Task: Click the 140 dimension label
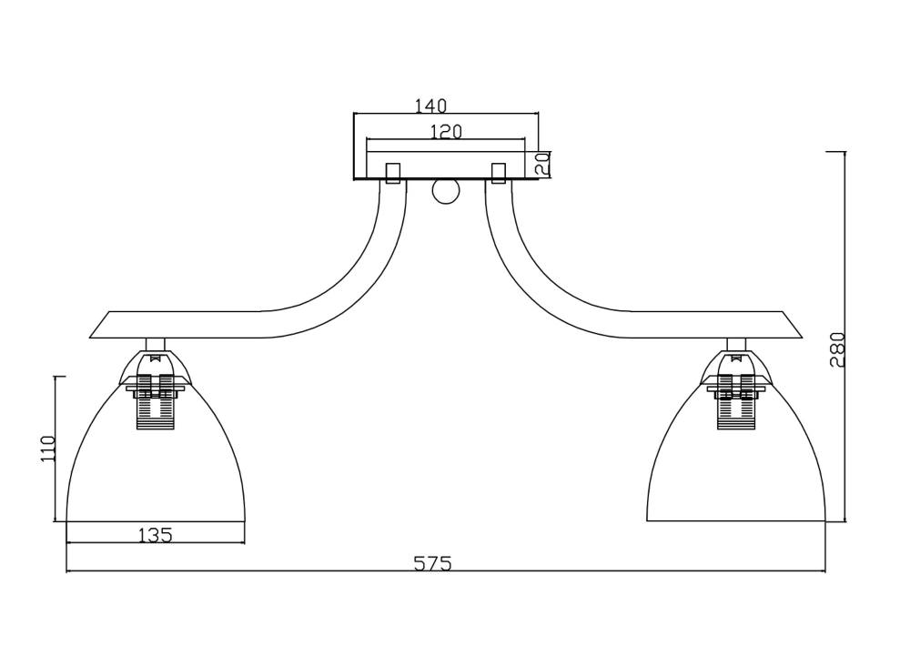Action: click(x=430, y=106)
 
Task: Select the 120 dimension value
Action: click(x=446, y=132)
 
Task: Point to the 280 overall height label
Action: click(x=837, y=349)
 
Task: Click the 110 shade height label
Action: click(x=47, y=449)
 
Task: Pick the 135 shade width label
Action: click(x=156, y=535)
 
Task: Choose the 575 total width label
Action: click(x=432, y=563)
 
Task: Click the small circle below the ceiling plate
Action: click(x=446, y=191)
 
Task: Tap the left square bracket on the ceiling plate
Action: click(x=393, y=173)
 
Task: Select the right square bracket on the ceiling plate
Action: click(x=499, y=173)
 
